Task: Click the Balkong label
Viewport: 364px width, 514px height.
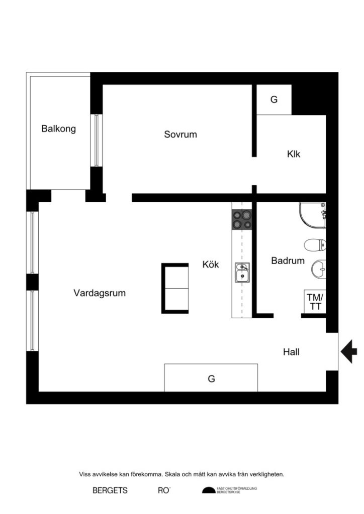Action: (58, 129)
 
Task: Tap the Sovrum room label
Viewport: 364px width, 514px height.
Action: (180, 135)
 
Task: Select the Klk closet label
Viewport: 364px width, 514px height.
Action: (294, 154)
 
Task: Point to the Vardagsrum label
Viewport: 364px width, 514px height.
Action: (100, 293)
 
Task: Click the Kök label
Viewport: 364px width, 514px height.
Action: (211, 265)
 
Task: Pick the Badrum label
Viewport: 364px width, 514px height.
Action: (288, 261)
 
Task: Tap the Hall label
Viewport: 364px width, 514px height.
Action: (291, 352)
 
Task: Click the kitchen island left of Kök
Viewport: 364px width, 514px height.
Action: (174, 288)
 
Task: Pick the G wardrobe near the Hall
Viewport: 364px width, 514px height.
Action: (211, 378)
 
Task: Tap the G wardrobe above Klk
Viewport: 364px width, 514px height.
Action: (274, 100)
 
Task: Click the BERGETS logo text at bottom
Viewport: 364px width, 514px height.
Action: (110, 490)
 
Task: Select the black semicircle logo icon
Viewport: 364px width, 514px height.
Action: (208, 490)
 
